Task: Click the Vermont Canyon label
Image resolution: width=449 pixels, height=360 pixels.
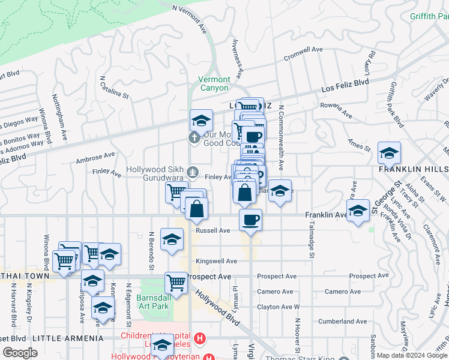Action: tap(214, 83)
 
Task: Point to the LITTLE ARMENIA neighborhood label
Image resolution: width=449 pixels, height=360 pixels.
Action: tap(67, 339)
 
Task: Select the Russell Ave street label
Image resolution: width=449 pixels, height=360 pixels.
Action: tap(213, 230)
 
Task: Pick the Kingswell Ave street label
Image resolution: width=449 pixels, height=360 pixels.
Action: tap(216, 262)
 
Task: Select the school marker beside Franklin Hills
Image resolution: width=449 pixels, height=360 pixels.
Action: tap(389, 153)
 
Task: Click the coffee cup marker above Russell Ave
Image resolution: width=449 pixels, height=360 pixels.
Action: tap(250, 218)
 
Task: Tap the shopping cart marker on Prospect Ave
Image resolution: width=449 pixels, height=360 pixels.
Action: tap(176, 282)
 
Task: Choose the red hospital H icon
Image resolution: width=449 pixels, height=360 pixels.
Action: tap(200, 340)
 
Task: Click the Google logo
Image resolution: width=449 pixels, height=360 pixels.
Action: tap(20, 353)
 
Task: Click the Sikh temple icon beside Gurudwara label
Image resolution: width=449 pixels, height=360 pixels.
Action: tap(193, 173)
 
